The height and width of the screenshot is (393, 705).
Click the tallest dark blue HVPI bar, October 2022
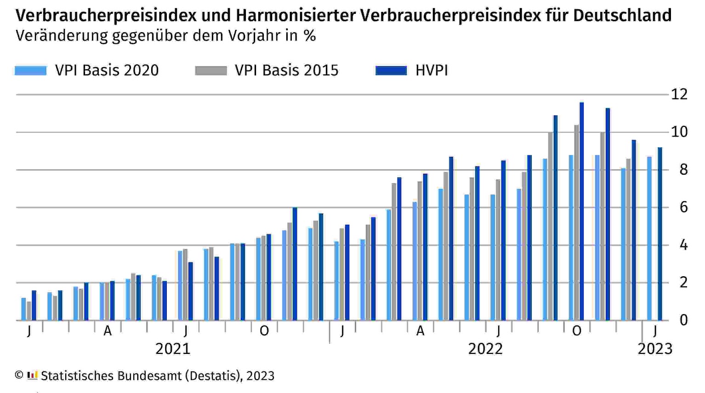coord(582,211)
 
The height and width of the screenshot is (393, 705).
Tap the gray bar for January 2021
coord(29,311)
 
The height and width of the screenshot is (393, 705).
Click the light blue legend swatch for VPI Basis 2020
coord(31,70)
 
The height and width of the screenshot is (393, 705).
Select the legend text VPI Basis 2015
coord(286,70)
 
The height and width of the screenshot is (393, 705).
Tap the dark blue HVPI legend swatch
coord(391,70)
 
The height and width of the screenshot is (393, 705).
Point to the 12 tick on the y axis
coord(679,94)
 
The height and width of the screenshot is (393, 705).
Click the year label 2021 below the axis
coord(173,349)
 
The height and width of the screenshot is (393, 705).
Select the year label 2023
coord(655,349)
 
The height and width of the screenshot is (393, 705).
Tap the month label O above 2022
coord(576,331)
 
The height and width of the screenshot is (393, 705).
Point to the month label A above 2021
coord(108,331)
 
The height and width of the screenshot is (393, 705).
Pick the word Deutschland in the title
coord(622,16)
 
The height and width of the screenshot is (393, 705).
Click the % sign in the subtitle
coord(309,36)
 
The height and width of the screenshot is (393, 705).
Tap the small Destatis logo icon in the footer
coord(32,375)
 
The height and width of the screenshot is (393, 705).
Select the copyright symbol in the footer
coord(19,375)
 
